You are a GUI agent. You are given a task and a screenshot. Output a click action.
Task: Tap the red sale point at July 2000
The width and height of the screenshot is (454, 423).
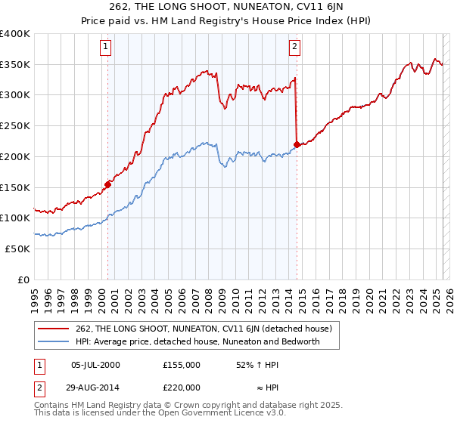108,184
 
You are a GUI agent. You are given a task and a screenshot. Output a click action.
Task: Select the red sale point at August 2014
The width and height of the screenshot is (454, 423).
297,144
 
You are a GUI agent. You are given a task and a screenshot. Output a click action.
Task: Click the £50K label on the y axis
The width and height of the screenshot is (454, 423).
18,248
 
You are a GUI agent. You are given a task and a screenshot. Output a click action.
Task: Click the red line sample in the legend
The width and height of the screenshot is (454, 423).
53,329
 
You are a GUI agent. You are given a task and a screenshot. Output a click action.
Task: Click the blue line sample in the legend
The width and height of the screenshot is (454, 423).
53,341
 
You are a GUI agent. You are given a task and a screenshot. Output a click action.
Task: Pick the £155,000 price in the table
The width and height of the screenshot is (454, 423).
181,365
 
